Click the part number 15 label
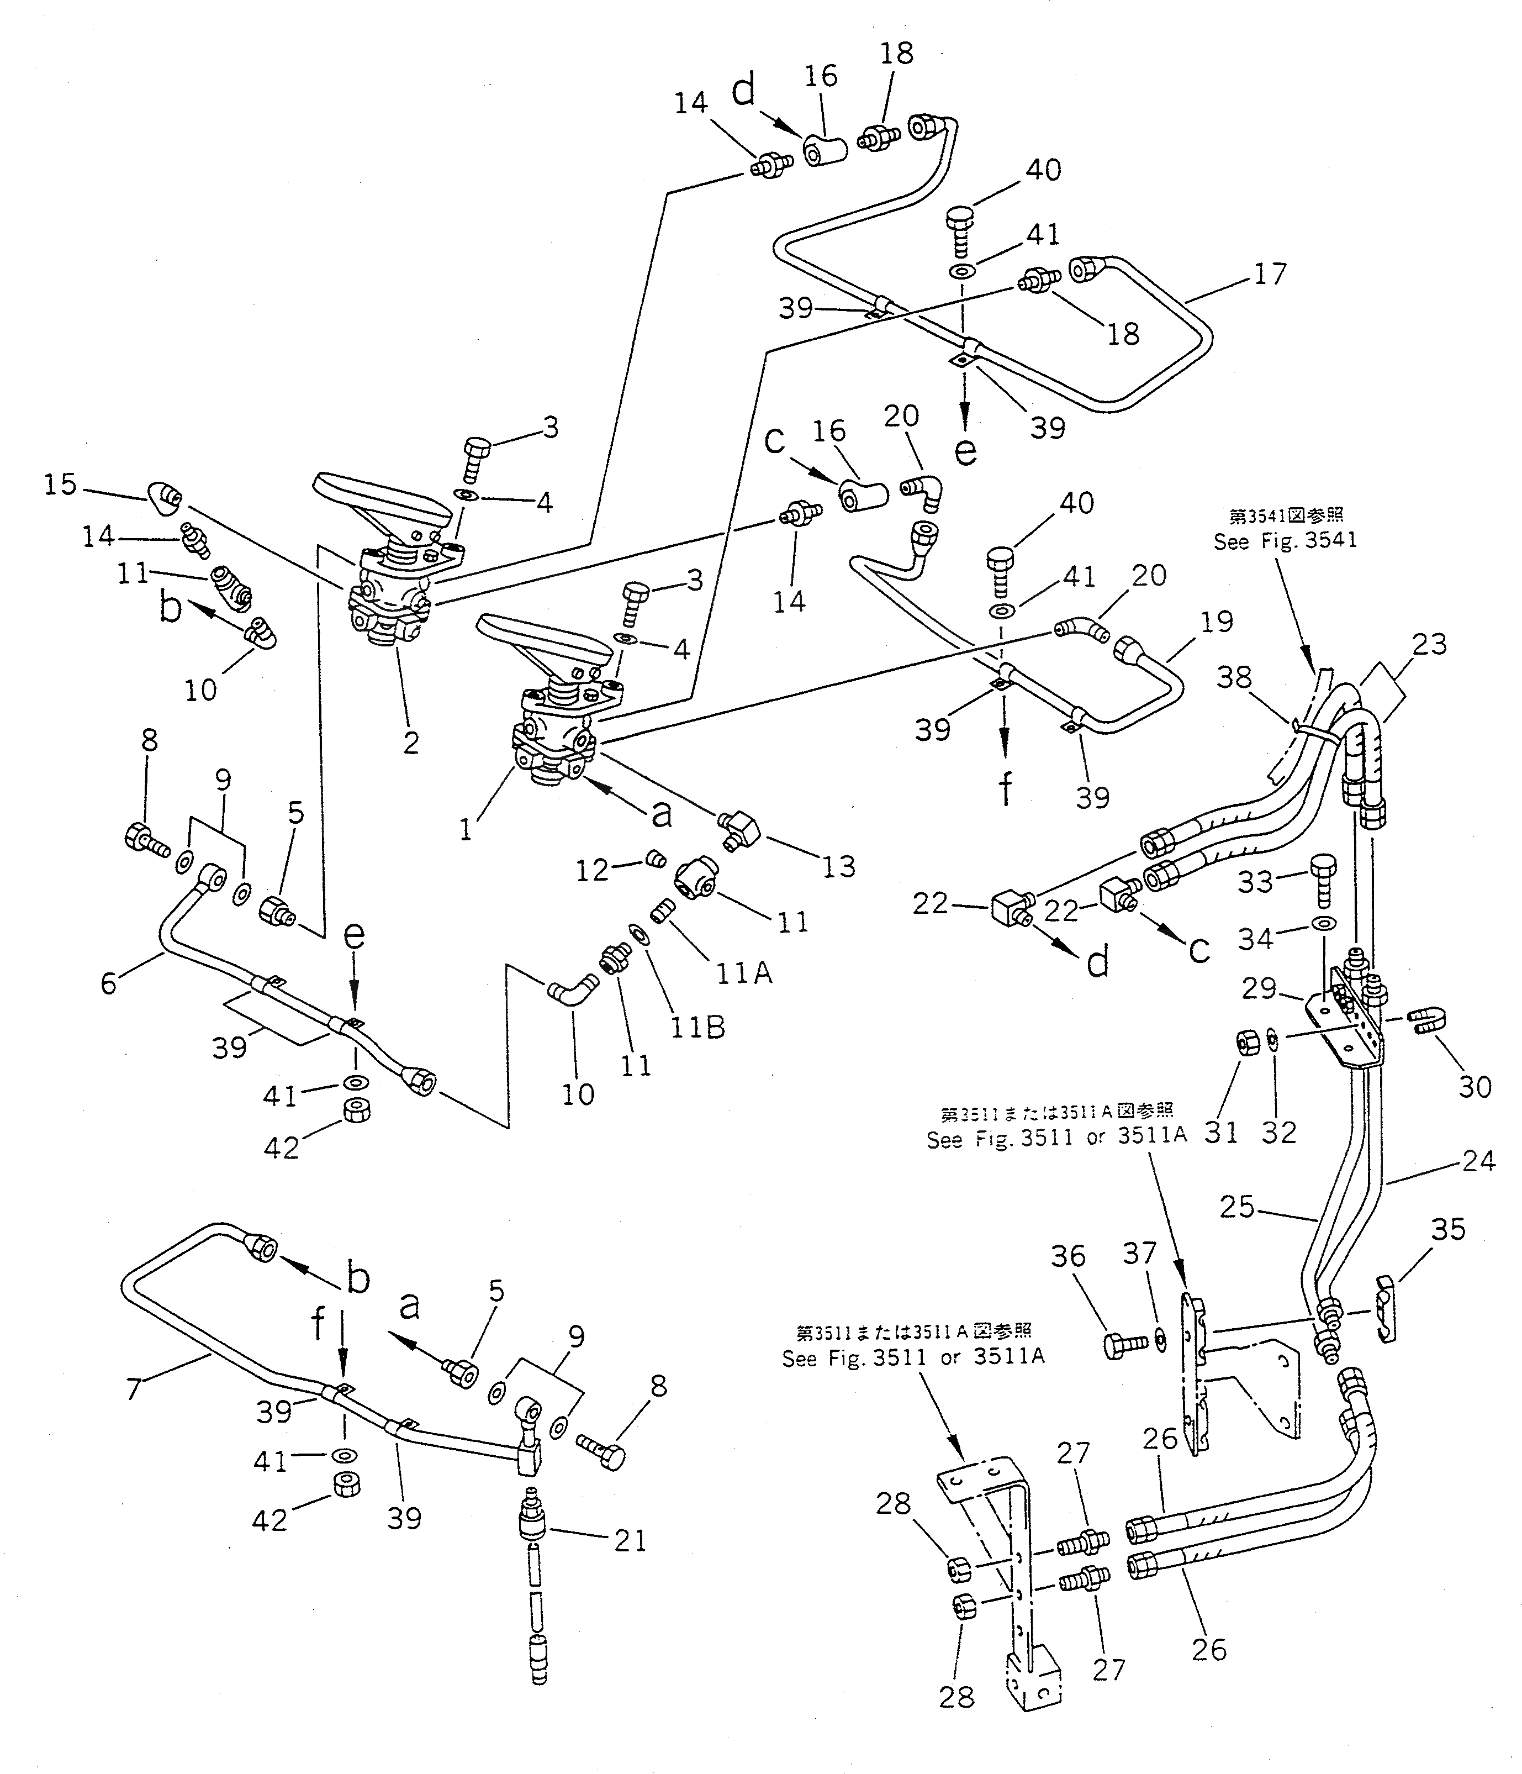[x=60, y=486]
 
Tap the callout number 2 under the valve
[x=411, y=743]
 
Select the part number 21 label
[x=631, y=1541]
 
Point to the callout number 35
[x=1449, y=1229]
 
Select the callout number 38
[x=1234, y=678]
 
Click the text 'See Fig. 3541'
[x=1285, y=541]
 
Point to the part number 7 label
[x=134, y=1389]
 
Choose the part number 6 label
[x=109, y=983]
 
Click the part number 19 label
[x=1216, y=621]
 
